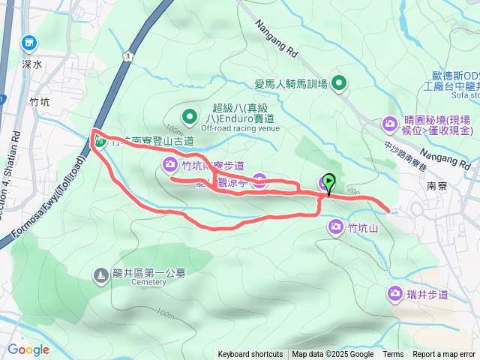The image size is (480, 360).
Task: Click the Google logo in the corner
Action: [x=28, y=349]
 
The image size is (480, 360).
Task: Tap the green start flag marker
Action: [x=328, y=181]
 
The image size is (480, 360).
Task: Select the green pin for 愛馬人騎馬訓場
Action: [x=339, y=83]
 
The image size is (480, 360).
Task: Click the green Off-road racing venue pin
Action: [x=190, y=117]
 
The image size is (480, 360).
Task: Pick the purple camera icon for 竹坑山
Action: [x=334, y=226]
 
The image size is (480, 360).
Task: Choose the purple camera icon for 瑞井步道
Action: [x=394, y=293]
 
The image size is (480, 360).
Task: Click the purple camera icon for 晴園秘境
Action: [x=390, y=122]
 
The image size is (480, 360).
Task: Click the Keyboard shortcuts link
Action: [x=250, y=355]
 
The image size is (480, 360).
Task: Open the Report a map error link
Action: [x=444, y=355]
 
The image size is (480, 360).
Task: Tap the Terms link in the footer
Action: [x=393, y=355]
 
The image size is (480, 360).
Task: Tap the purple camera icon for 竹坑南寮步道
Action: [x=170, y=164]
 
